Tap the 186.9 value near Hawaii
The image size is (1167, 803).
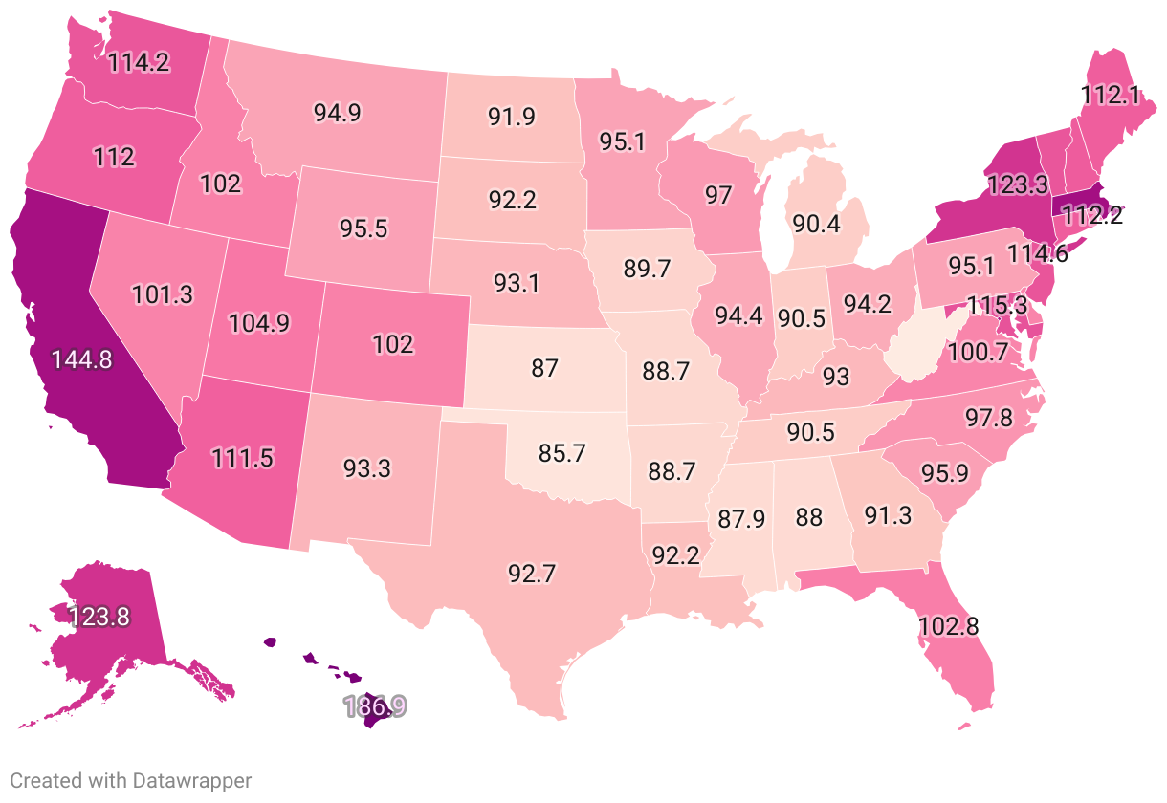[x=375, y=706]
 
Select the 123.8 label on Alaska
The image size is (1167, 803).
[x=98, y=617]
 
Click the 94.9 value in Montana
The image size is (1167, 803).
[x=337, y=112]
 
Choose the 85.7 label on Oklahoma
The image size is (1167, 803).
[x=561, y=454]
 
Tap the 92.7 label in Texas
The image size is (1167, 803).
[x=533, y=575]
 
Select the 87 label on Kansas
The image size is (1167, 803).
[x=544, y=367]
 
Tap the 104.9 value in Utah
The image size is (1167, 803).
[x=259, y=323]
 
